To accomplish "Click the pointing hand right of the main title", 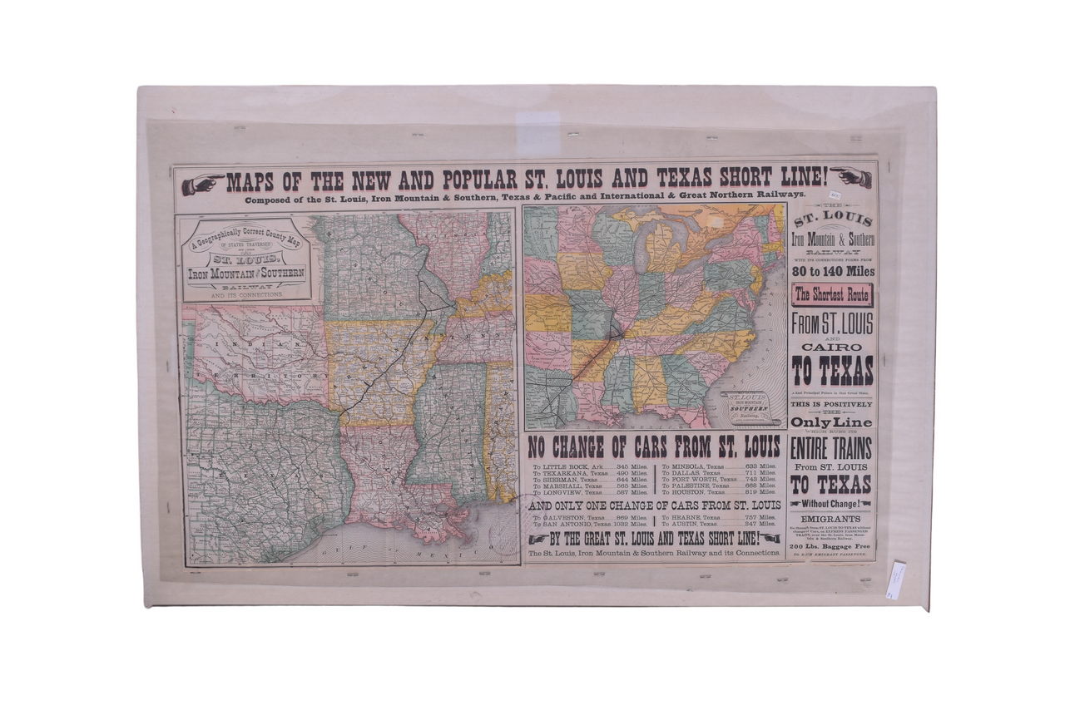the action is point(851,177).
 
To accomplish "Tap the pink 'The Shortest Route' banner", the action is point(831,294).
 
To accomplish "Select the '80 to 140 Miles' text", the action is point(831,270).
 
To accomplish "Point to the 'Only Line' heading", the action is point(831,422).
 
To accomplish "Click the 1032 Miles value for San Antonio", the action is point(629,525).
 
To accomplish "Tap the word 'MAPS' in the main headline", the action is point(252,181).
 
